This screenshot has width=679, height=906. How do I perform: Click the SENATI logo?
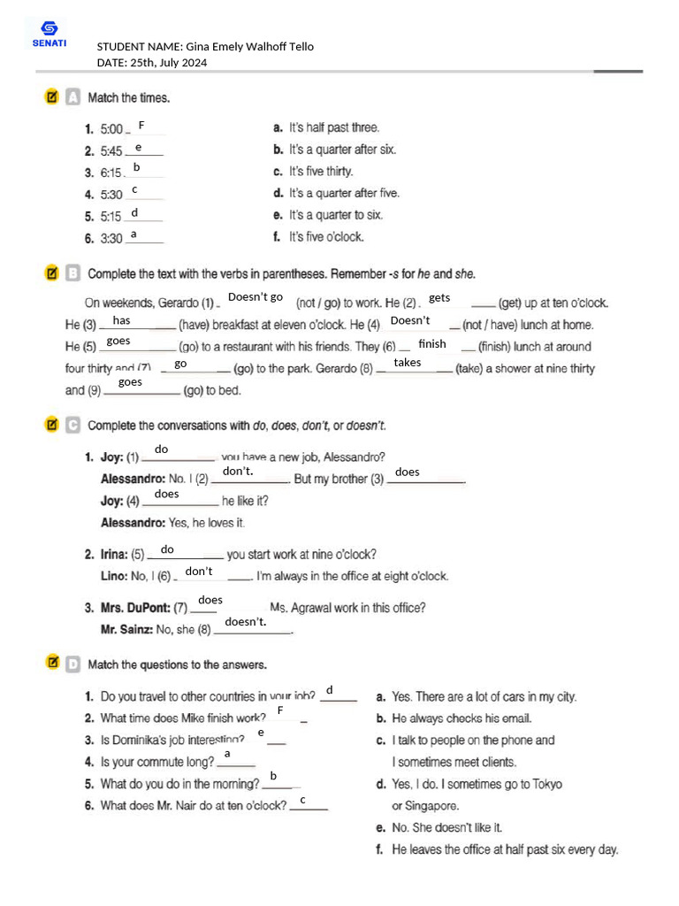point(49,35)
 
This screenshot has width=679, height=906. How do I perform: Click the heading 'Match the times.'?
point(128,98)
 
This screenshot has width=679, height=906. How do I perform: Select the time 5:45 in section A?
point(111,151)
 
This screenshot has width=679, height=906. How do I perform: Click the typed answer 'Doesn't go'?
point(256,297)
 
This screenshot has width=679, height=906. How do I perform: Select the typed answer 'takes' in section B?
point(408,363)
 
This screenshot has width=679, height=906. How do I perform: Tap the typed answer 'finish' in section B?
point(432,344)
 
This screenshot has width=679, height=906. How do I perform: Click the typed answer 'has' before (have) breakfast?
point(122,320)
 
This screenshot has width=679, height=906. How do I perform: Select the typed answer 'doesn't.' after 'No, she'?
point(246,622)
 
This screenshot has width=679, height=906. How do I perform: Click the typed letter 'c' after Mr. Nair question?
point(302,801)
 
